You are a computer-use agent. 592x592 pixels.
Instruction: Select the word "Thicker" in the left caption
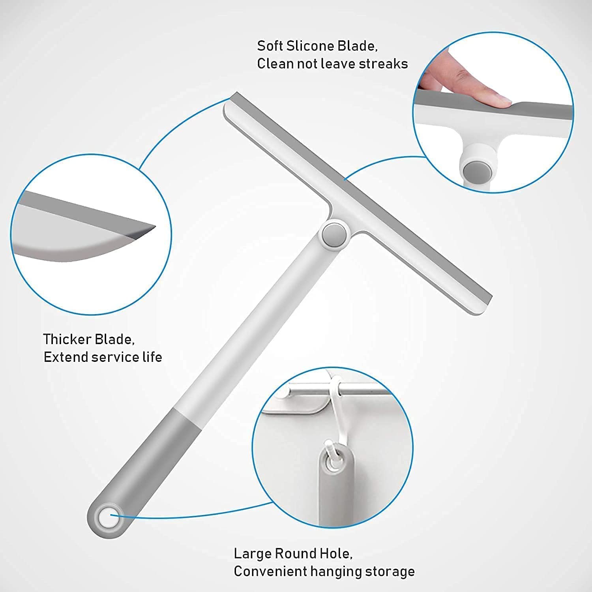pyautogui.click(x=67, y=339)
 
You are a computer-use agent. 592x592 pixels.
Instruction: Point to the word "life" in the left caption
pyautogui.click(x=152, y=357)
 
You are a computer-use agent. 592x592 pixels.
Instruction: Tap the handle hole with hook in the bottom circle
pyautogui.click(x=333, y=458)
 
